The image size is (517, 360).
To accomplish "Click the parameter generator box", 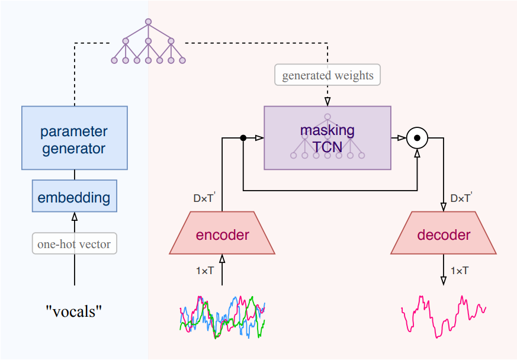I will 74,138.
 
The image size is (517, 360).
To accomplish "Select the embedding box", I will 74,197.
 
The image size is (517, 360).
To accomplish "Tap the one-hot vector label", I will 75,243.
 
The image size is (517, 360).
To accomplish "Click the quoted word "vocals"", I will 74,310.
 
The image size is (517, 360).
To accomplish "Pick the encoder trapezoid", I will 222,234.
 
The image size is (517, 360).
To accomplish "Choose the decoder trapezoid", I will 444,234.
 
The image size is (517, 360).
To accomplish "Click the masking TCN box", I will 327,138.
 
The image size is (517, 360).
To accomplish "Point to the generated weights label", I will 327,75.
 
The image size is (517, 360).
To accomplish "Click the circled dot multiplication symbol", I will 418,138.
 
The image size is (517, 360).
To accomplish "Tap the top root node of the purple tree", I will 148,21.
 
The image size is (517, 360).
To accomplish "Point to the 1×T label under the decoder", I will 460,270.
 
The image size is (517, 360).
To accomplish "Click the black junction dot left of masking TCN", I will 243,138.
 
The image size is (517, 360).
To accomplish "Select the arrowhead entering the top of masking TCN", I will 327,102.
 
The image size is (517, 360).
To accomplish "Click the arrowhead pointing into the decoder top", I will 444,208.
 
